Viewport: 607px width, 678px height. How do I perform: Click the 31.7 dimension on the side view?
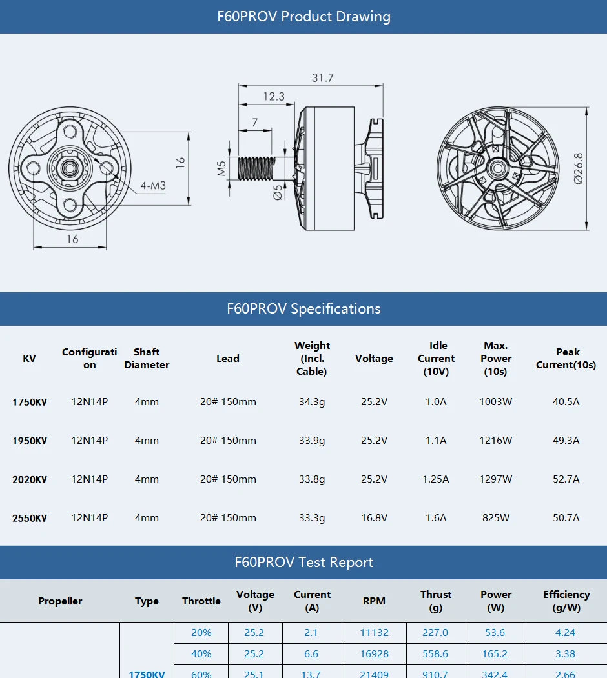pos(322,77)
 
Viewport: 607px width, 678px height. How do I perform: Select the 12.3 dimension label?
pos(273,96)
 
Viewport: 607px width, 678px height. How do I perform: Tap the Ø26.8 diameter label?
pos(578,168)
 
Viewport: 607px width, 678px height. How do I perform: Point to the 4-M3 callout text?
pos(154,186)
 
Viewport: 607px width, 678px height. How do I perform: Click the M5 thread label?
pos(221,169)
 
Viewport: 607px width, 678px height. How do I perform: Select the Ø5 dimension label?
pos(276,192)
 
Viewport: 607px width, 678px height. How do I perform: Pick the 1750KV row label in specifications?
pos(30,402)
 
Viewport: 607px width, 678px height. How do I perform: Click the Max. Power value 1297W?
pos(496,479)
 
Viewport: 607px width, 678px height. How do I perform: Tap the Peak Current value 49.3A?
pos(566,441)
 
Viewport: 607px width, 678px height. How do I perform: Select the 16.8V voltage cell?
pos(374,518)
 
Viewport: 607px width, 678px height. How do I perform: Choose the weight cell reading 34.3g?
pos(312,402)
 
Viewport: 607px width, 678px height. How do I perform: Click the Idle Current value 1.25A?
pos(436,479)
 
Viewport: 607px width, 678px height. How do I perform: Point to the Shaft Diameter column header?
pos(147,359)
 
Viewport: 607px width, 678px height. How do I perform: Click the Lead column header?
pos(228,359)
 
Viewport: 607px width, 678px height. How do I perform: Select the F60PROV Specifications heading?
pos(303,308)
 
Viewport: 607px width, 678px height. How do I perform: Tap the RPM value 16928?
pos(374,654)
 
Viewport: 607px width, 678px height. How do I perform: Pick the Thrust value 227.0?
pos(435,633)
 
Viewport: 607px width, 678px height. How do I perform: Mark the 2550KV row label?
pos(30,518)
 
